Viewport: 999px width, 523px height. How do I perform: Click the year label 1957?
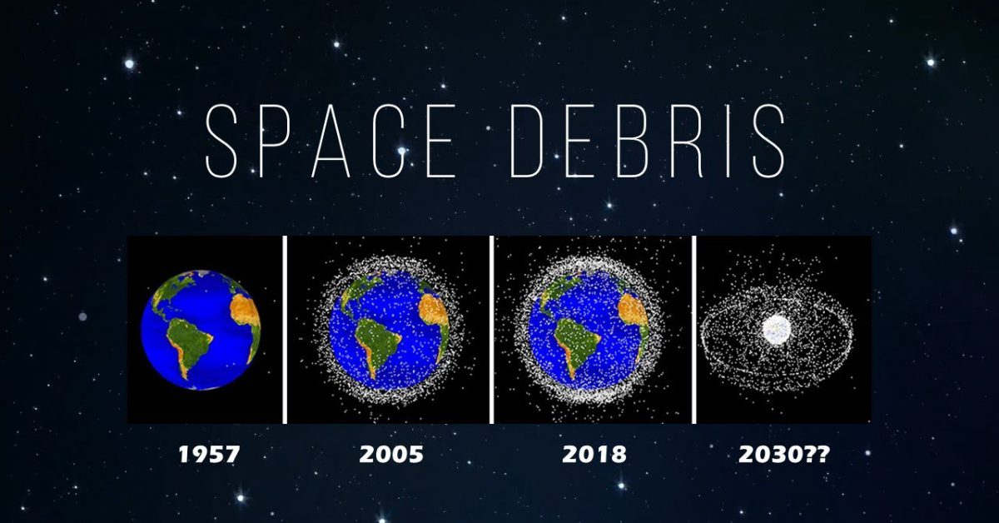tap(209, 454)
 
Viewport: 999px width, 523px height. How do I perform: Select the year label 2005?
tap(391, 454)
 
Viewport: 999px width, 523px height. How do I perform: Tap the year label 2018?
tap(594, 454)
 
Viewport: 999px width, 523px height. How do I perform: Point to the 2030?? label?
tap(784, 454)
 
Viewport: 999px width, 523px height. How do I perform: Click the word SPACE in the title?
tap(331, 141)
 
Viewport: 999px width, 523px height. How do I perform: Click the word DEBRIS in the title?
tap(648, 141)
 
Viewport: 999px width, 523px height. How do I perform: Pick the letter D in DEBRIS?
tap(526, 141)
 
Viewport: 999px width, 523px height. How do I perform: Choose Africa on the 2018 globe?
tap(634, 318)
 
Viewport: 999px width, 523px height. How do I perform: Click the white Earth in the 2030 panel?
tap(777, 330)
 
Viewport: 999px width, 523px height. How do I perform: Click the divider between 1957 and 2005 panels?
tap(285, 330)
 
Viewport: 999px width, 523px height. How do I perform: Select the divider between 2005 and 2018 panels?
tap(491, 330)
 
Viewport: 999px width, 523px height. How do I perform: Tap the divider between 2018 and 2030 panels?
tap(694, 330)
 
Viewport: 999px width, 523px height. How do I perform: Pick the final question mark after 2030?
tap(823, 454)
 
